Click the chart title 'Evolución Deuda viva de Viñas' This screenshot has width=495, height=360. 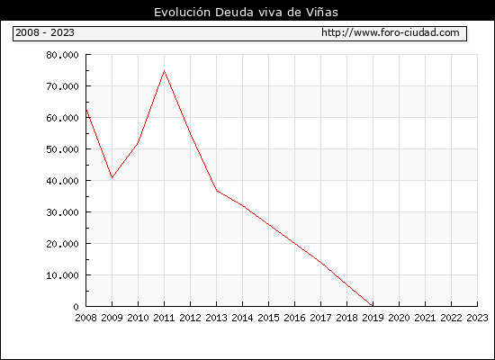point(246,13)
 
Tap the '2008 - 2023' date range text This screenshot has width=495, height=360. point(45,32)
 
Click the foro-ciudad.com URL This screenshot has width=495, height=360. point(391,32)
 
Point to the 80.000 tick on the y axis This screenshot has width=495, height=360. point(62,55)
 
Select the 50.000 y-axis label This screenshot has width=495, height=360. point(62,149)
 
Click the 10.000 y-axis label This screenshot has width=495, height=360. point(62,275)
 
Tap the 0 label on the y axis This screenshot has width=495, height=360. point(76,307)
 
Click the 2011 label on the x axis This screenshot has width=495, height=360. point(164,318)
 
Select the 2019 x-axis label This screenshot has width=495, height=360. point(373,318)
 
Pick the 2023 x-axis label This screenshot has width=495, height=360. point(477,318)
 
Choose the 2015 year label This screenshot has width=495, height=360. point(269,318)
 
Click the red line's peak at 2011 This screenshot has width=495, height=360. point(164,71)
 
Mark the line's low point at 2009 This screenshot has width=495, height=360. point(112,177)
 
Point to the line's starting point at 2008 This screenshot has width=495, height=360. point(86,110)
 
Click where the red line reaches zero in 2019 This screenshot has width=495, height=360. point(373,306)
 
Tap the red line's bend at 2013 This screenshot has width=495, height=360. point(217,191)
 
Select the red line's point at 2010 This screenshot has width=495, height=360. point(138,143)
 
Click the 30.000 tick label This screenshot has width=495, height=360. point(62,212)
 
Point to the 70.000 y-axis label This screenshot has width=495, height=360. point(62,86)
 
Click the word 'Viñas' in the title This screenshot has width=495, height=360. point(322,13)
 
